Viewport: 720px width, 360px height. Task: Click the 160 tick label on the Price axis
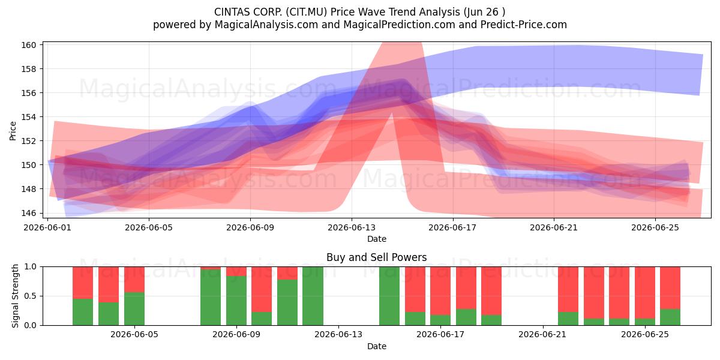(28, 45)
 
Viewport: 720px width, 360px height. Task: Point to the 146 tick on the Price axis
(28, 213)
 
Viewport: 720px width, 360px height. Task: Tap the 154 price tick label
(28, 117)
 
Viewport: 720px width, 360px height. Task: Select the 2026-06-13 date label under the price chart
(352, 227)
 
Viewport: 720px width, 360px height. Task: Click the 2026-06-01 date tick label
(47, 227)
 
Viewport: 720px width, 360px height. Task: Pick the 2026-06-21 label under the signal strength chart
(542, 335)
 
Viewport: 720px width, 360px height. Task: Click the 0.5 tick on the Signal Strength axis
(31, 296)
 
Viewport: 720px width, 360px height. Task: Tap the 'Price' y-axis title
(13, 131)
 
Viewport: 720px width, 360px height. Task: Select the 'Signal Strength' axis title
(15, 296)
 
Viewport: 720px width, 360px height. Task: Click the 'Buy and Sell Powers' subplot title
(376, 257)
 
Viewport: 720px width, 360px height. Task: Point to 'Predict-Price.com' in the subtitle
(524, 25)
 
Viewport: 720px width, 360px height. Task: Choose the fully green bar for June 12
(313, 296)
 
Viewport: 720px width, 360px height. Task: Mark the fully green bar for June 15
(389, 296)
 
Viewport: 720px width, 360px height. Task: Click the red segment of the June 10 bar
(262, 289)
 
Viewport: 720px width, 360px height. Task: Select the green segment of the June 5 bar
(134, 308)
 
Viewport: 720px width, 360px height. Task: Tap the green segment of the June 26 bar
(670, 317)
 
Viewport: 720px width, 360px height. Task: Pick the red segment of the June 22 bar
(568, 289)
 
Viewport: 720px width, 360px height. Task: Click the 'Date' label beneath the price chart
(377, 239)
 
